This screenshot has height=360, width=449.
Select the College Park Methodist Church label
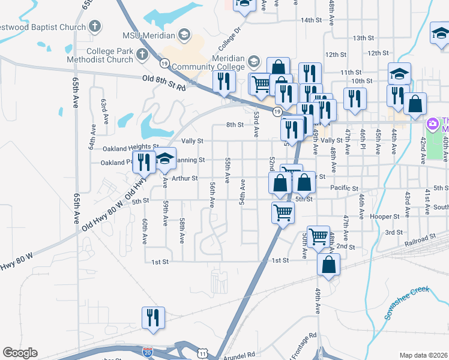[109, 55]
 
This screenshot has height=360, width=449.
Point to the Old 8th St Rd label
[164, 83]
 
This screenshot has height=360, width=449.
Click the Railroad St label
[420, 239]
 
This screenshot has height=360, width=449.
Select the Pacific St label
[344, 188]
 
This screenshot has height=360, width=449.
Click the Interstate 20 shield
[148, 349]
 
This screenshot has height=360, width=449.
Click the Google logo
[20, 353]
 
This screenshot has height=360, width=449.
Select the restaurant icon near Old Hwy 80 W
[143, 161]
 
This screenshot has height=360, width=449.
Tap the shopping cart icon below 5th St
[283, 211]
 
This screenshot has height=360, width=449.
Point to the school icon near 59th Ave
[164, 158]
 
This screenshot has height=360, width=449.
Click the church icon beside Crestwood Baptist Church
[95, 26]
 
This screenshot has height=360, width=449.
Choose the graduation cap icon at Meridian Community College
[254, 61]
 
